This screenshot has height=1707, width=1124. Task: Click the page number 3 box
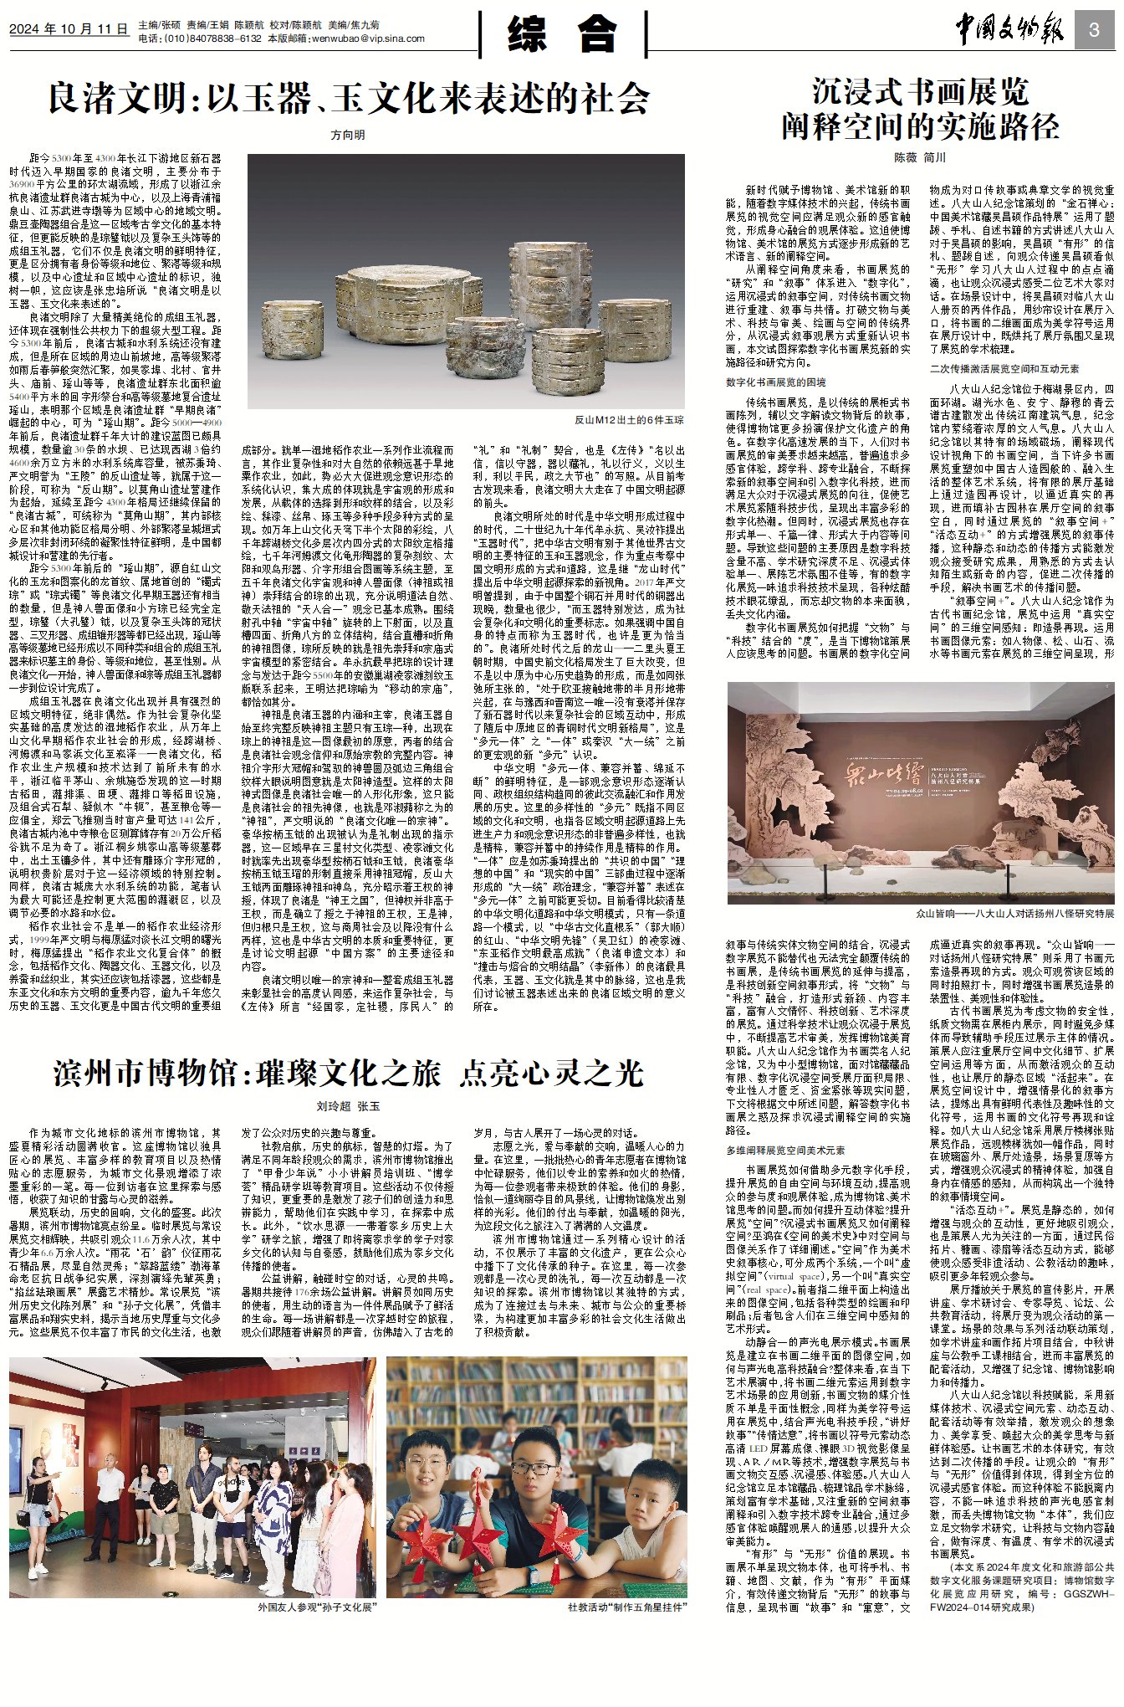(x=1094, y=31)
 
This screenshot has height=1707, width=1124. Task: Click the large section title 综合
(x=562, y=34)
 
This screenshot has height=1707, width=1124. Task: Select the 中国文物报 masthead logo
(x=1009, y=30)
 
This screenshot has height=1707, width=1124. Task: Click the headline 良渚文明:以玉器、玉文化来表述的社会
(x=348, y=99)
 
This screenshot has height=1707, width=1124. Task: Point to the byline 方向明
(x=348, y=135)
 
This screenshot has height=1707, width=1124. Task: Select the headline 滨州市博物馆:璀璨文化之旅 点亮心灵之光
(x=348, y=1074)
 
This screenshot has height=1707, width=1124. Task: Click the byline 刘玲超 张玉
(x=348, y=1106)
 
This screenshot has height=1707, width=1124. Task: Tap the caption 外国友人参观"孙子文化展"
(x=317, y=1607)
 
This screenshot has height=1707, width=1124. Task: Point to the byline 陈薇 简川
(x=920, y=157)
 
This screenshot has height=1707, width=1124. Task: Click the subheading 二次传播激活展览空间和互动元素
(x=1004, y=369)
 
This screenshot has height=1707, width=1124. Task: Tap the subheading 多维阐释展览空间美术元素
(x=785, y=1151)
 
